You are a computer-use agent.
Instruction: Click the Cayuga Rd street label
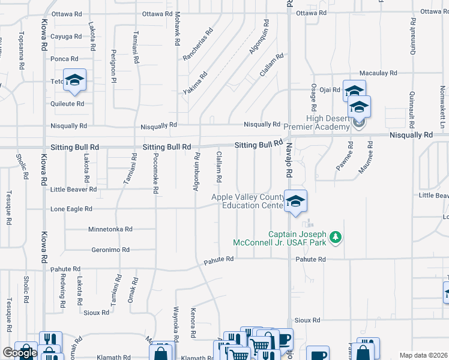66,37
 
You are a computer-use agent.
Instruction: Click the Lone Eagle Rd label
71,209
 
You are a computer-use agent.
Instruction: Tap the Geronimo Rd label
110,250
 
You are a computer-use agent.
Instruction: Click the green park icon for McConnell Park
336,238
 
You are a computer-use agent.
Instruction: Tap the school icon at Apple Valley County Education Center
295,202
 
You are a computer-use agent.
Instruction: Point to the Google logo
20,353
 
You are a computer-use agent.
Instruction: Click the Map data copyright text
424,355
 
